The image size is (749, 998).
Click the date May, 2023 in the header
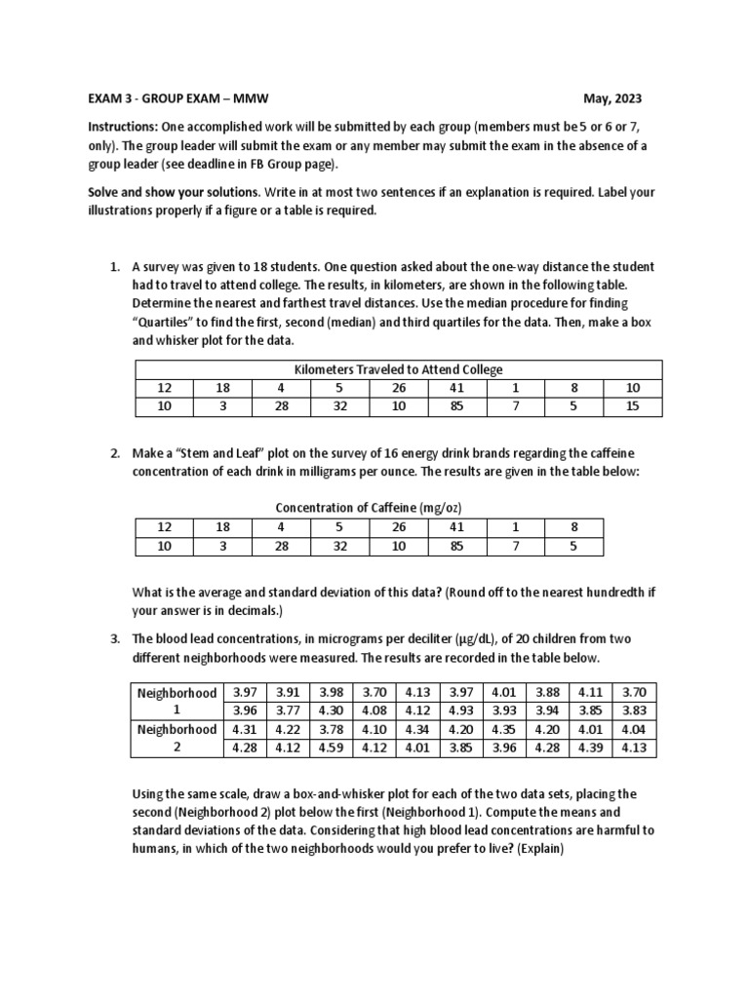pos(612,99)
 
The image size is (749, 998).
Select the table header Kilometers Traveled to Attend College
pos(398,369)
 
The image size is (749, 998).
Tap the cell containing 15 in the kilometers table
pos(632,405)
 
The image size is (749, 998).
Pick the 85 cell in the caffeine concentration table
pos(456,546)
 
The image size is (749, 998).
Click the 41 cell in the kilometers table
pos(456,388)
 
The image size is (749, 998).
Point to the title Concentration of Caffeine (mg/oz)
pos(369,508)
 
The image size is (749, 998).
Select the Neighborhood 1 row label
pos(177,702)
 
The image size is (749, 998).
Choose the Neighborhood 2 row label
pos(177,739)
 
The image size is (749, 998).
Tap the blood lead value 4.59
pos(332,748)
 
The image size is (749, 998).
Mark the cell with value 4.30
pos(332,710)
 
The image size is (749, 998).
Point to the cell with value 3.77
pos(289,710)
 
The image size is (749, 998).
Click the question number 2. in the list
pos(115,453)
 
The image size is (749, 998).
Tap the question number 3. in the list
pos(115,638)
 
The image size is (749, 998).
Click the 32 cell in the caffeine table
pos(339,546)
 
